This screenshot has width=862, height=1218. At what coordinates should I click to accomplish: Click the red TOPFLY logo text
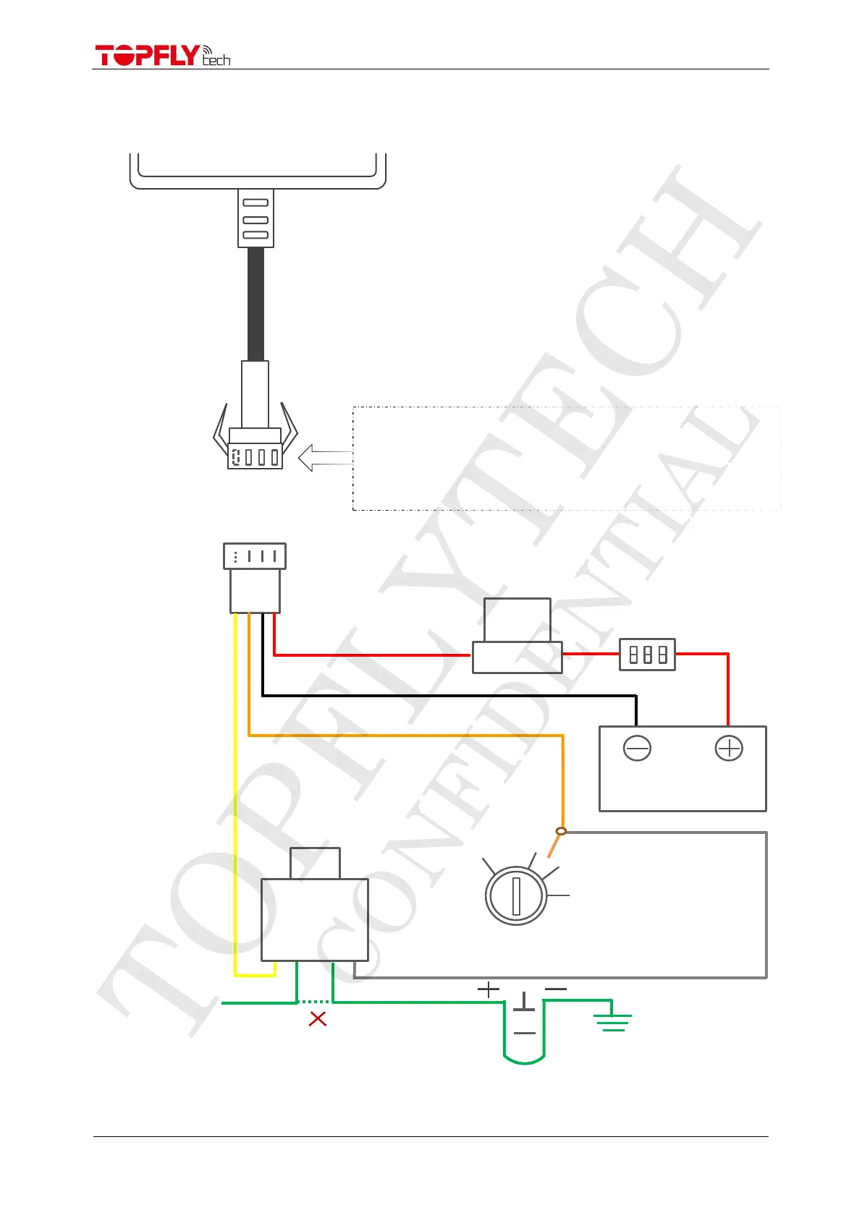(147, 56)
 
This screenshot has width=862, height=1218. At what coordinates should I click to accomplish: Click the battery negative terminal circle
(637, 748)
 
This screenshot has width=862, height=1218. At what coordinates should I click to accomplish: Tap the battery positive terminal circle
(729, 748)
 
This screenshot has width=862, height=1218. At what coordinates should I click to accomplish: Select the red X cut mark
(318, 1019)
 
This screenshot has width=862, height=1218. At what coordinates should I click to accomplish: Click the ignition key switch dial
(516, 895)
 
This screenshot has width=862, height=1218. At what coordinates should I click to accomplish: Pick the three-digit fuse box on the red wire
(647, 655)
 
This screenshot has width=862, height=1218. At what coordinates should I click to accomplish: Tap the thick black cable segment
(255, 304)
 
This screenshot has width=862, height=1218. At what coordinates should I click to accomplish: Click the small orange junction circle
(561, 831)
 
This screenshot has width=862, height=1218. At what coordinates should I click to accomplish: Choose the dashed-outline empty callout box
(566, 459)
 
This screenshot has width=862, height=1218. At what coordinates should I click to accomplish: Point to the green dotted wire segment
(315, 1002)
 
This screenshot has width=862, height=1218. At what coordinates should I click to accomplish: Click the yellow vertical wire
(235, 796)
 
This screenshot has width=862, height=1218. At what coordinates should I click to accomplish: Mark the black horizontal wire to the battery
(449, 696)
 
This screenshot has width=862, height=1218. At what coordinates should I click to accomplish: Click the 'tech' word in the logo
(216, 60)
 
